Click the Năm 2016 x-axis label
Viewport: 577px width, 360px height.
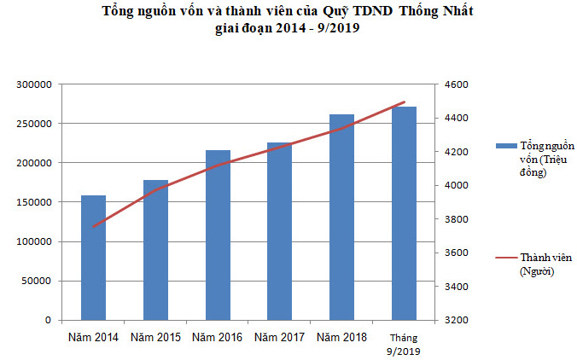coord(218,337)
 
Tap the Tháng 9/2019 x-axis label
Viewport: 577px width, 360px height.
coord(404,344)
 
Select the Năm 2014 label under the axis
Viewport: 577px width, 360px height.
coord(94,337)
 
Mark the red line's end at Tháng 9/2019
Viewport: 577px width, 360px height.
coord(404,102)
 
